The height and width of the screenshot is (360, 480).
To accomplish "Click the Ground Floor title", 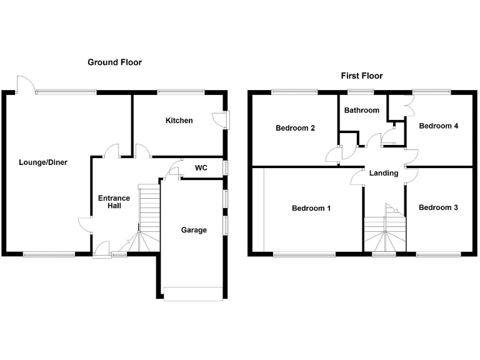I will pyautogui.click(x=114, y=62).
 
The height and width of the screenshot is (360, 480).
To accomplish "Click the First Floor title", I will pyautogui.click(x=361, y=76).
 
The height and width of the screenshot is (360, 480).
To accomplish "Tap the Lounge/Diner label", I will pyautogui.click(x=42, y=162).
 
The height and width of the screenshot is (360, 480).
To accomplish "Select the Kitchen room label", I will pyautogui.click(x=179, y=121).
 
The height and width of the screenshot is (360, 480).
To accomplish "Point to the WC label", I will pyautogui.click(x=201, y=168).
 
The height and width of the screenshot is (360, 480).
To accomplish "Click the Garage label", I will pyautogui.click(x=194, y=230).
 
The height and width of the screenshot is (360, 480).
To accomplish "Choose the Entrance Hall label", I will pyautogui.click(x=114, y=202).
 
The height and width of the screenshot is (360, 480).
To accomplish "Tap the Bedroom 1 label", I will pyautogui.click(x=311, y=208).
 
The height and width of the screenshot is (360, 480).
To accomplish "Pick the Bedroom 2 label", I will pyautogui.click(x=295, y=128).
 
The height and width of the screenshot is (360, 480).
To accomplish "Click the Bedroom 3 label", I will pyautogui.click(x=438, y=207).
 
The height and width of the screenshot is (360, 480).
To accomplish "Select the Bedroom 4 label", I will pyautogui.click(x=438, y=126).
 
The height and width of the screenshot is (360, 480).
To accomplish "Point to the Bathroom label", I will pyautogui.click(x=361, y=111).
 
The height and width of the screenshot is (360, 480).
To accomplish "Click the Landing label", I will pyautogui.click(x=383, y=173).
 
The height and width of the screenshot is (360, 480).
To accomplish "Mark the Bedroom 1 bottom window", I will pyautogui.click(x=304, y=254).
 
